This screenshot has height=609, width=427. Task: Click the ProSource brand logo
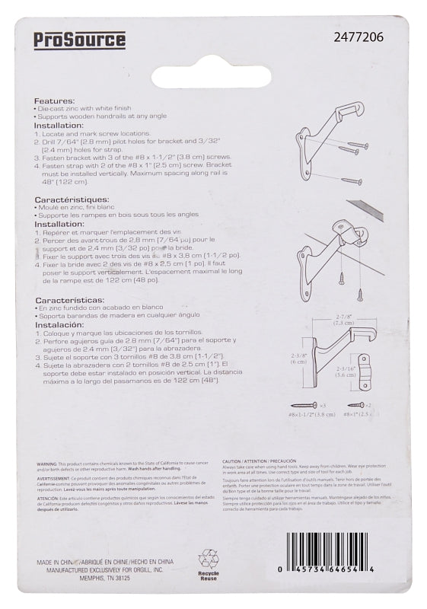(79, 40)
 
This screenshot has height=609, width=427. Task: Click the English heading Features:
(54, 101)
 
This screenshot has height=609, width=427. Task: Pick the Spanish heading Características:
(68, 301)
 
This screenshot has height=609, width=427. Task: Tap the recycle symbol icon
(208, 559)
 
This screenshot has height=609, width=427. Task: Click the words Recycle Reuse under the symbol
(208, 576)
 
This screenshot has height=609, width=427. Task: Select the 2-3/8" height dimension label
(300, 358)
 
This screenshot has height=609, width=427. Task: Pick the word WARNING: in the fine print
(48, 463)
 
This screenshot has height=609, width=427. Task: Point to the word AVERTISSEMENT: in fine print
(56, 479)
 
